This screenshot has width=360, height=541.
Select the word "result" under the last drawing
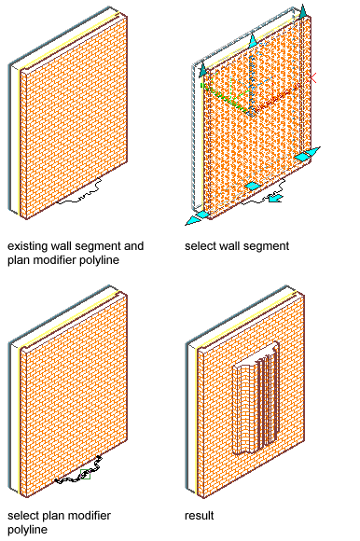point(200,516)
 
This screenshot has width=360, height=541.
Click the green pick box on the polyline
point(85,474)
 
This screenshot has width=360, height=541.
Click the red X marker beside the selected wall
point(313,78)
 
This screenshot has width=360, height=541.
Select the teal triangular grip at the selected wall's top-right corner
point(303,12)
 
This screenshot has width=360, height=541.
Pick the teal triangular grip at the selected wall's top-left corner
point(202,69)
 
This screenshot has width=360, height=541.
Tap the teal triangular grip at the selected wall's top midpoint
point(253,40)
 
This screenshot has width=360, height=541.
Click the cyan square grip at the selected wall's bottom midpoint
point(253,186)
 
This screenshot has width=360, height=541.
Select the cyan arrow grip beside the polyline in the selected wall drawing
point(275,198)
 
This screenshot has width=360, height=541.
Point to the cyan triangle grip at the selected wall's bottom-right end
point(308,154)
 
